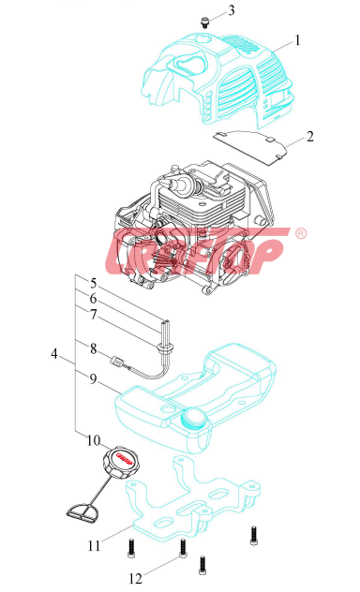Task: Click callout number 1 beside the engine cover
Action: pyautogui.click(x=297, y=40)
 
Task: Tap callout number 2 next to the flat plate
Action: pyautogui.click(x=309, y=137)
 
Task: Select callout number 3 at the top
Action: pyautogui.click(x=232, y=10)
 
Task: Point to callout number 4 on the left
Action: pyautogui.click(x=54, y=354)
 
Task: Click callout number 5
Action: pyautogui.click(x=94, y=283)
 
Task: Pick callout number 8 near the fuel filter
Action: pyautogui.click(x=94, y=348)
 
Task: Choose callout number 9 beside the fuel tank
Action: pyautogui.click(x=94, y=378)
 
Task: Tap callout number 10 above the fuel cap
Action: pyautogui.click(x=94, y=440)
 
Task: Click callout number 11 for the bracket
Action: pyautogui.click(x=94, y=545)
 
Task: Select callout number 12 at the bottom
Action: pyautogui.click(x=136, y=578)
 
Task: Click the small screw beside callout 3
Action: pyautogui.click(x=205, y=22)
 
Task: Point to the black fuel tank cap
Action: pyautogui.click(x=119, y=462)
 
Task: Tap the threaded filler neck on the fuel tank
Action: pyautogui.click(x=195, y=417)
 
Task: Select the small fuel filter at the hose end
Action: pyautogui.click(x=117, y=363)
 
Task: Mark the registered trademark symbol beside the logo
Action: pyautogui.click(x=301, y=233)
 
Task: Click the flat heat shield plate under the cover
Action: pyautogui.click(x=249, y=146)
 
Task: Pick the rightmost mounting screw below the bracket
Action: pyautogui.click(x=254, y=536)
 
